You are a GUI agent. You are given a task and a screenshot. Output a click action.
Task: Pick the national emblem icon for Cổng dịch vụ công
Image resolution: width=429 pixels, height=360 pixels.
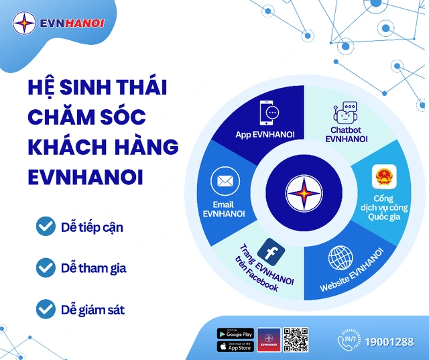click(x=383, y=178)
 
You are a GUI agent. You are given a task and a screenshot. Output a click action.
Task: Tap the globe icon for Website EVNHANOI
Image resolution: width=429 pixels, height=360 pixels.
click(x=341, y=259)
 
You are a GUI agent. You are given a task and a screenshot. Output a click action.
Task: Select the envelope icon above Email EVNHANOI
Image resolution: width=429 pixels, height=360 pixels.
click(x=225, y=181)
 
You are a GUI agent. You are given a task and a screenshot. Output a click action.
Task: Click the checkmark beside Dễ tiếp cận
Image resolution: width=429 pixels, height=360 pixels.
click(x=46, y=227)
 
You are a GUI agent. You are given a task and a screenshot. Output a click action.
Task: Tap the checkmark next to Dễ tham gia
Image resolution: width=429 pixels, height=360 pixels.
click(x=46, y=268)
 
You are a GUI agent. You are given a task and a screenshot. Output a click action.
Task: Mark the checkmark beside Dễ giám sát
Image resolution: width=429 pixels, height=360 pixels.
click(x=46, y=309)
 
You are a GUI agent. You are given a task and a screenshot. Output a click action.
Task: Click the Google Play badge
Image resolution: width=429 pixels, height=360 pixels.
click(x=235, y=333)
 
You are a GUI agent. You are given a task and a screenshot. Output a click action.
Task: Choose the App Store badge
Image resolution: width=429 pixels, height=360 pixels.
click(x=235, y=347)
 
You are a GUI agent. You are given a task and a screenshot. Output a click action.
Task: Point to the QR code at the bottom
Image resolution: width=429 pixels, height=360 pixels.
click(x=294, y=339)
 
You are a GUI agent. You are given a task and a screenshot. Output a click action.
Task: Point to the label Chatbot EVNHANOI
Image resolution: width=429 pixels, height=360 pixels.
click(x=346, y=134)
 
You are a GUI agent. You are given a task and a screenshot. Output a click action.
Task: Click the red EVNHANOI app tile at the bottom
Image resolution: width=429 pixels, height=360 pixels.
click(x=268, y=339)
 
